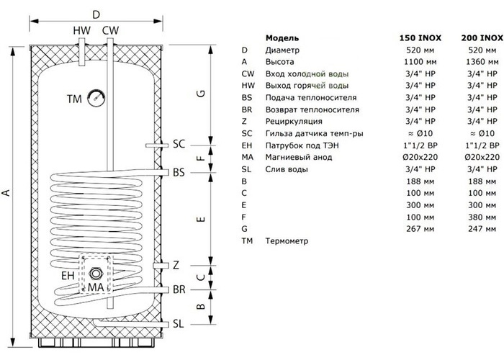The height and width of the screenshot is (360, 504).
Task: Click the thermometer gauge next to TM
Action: pos(96,98)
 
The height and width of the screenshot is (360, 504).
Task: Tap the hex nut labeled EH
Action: pos(95,273)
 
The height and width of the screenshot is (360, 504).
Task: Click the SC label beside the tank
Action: pos(179,144)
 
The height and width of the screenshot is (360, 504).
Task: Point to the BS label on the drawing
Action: pos(179,173)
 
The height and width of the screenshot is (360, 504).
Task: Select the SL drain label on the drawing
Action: pos(179,324)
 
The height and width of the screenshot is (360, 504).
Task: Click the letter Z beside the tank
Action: pos(176,265)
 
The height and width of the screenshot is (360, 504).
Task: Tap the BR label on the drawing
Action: pos(179,289)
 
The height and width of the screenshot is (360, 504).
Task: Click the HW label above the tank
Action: pos(82,30)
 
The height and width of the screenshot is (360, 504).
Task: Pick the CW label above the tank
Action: pos(111,30)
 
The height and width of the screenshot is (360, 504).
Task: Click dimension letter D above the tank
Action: pos(96,14)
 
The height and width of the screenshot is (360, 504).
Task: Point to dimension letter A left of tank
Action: pos(6,193)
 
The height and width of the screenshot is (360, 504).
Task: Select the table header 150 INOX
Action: pos(420,38)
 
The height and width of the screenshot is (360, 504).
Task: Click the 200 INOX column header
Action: pos(482,38)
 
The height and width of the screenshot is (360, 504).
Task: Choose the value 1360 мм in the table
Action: pos(482,62)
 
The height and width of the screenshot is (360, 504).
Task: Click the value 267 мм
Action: pos(420,229)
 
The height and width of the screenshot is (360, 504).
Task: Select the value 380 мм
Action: pos(482,217)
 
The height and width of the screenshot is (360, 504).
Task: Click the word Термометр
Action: pos(287,241)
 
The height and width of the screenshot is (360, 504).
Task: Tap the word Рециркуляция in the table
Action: pos(294,122)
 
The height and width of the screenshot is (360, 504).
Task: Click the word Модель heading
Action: pos(282,38)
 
